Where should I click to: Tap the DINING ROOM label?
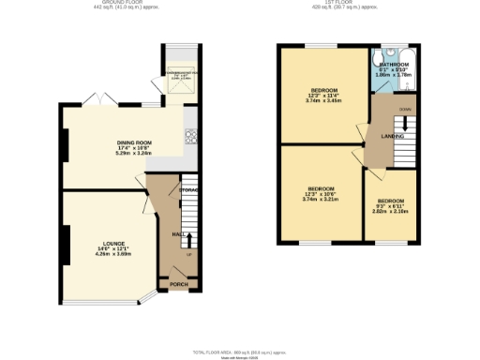(x=135, y=142)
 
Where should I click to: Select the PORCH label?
(x=179, y=284)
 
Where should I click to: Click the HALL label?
(x=177, y=234)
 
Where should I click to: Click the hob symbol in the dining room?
(x=190, y=135)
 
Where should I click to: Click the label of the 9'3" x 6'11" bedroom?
(x=391, y=201)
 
